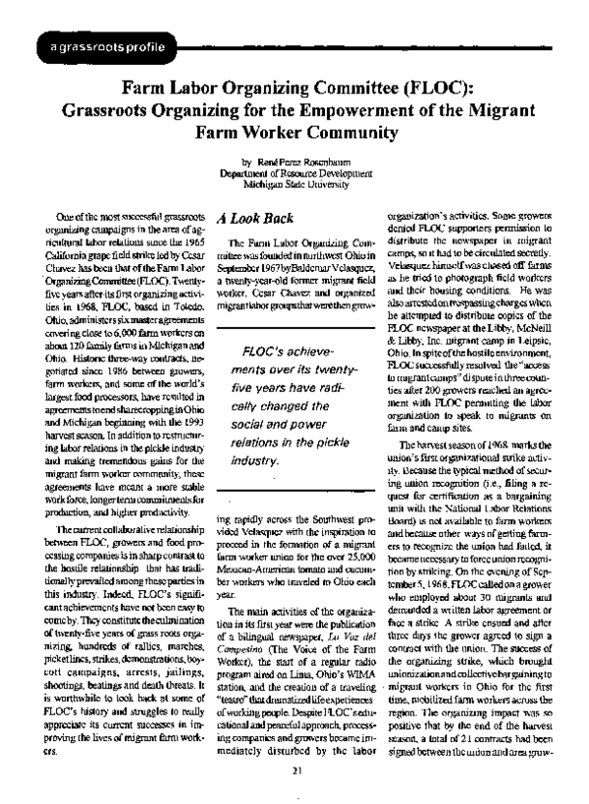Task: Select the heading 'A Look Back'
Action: (x=251, y=223)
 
